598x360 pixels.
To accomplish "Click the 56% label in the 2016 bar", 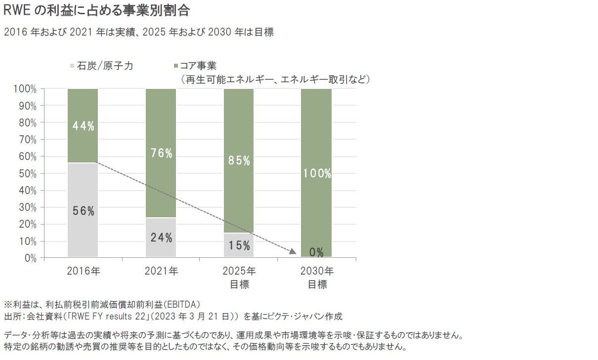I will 83,211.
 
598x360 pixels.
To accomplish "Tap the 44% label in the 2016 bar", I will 83,126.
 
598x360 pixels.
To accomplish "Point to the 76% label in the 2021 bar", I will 161,153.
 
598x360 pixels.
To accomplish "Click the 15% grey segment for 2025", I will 239,245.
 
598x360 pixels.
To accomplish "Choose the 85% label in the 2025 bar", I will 239,160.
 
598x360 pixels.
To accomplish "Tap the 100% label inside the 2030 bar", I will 317,173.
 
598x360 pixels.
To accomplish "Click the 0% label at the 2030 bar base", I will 317,252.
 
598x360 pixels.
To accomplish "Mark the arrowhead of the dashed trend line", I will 293,251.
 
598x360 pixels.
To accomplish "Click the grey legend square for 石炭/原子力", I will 73,65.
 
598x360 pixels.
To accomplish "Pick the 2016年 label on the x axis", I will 83,271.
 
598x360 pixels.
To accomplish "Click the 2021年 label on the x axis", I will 161,271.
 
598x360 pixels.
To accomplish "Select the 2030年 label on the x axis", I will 317,271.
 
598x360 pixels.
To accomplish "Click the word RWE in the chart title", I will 15,10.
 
